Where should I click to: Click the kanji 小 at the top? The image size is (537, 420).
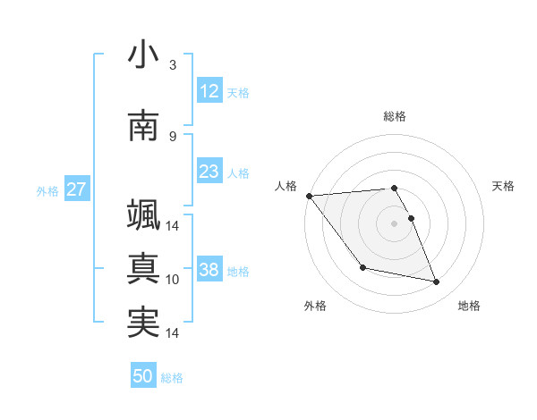point(143,55)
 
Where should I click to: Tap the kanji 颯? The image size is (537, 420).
point(143,215)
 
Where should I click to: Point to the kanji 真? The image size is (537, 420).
point(143,269)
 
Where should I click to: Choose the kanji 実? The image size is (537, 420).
point(143,323)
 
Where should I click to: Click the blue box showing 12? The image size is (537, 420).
point(209,91)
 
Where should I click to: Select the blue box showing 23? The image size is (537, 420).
point(209,172)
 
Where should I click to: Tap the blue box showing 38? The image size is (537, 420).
point(209,270)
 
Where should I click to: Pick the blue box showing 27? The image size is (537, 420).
point(76,189)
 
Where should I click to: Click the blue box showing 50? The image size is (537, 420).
point(143,377)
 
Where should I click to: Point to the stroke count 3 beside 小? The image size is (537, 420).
point(173,65)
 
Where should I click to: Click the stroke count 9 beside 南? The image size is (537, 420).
point(173,136)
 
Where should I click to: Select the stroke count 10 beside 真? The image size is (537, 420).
point(173,280)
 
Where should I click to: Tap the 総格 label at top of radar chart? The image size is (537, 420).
point(395,116)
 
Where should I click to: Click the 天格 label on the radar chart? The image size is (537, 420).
point(504,186)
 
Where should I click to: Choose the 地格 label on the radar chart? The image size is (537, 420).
point(469,306)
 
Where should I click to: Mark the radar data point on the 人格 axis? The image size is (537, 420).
point(309,196)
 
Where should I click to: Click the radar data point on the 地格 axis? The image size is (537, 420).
point(437,282)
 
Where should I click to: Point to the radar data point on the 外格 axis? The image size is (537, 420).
point(362,267)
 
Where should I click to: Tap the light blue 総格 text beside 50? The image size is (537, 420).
point(173,378)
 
